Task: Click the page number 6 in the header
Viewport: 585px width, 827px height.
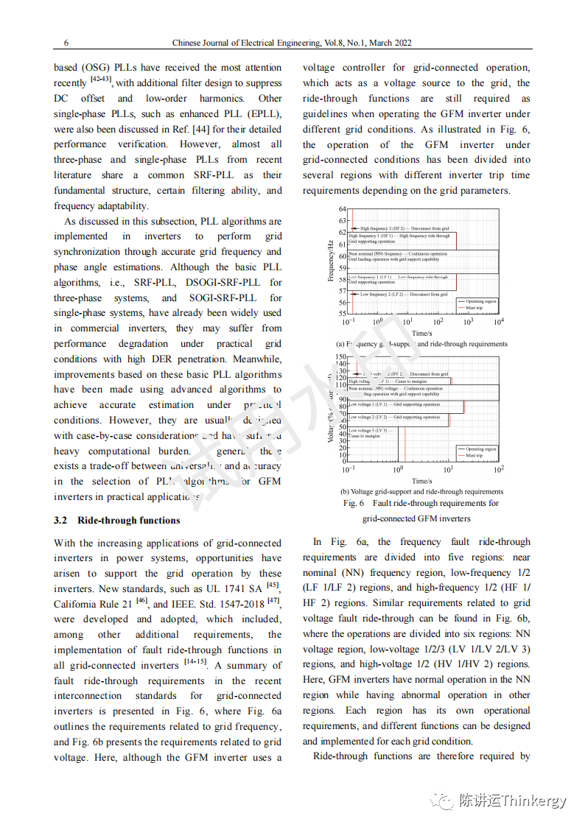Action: coord(66,43)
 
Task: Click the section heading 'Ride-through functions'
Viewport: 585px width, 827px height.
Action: coord(128,521)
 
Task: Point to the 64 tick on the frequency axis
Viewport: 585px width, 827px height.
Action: coord(343,209)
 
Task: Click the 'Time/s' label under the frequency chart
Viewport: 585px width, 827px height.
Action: coord(422,334)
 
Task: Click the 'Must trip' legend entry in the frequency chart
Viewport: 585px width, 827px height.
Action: coord(475,308)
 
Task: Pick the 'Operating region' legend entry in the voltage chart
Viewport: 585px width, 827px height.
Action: coord(480,448)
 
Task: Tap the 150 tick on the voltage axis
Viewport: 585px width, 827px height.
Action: coord(340,357)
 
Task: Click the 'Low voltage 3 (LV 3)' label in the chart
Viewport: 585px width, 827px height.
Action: coord(368,430)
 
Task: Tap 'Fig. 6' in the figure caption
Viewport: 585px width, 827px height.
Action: coord(354,504)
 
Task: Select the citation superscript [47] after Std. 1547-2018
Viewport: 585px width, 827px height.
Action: coord(273,600)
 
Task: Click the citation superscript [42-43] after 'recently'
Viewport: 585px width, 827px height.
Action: coord(101,79)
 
